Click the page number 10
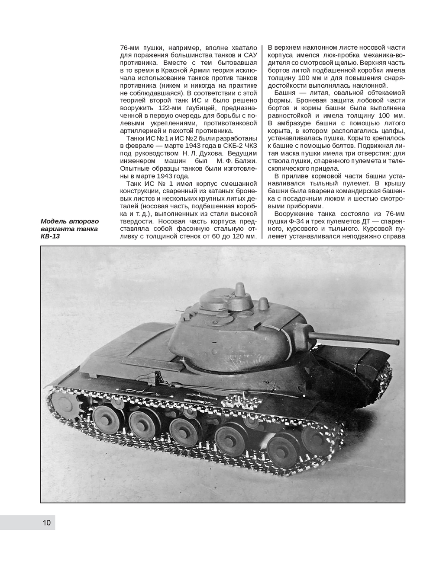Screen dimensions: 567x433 [47, 523]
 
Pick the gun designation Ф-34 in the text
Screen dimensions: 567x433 [300, 221]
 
